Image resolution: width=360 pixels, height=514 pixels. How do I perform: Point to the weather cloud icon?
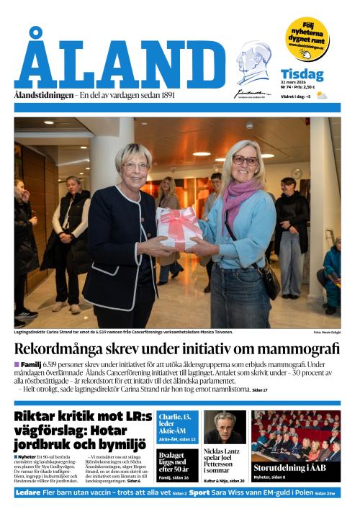[322, 96]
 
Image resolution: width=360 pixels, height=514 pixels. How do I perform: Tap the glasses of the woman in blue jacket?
[245, 161]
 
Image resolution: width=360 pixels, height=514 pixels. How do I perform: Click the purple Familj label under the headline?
[31, 365]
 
